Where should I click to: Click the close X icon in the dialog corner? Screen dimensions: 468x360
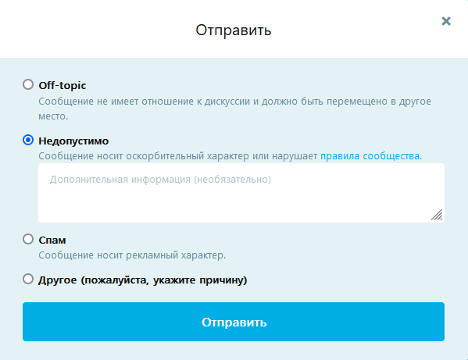tap(446, 21)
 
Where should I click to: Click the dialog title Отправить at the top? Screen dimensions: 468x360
tap(234, 30)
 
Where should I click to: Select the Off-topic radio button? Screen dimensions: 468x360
tap(28, 84)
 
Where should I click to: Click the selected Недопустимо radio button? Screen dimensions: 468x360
tap(28, 140)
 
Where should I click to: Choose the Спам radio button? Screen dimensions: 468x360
tap(28, 239)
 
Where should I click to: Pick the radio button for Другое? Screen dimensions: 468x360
tap(28, 279)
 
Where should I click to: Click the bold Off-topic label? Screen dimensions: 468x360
tap(62, 86)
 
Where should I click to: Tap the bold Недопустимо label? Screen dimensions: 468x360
tap(73, 141)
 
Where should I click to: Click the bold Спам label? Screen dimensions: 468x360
tap(52, 240)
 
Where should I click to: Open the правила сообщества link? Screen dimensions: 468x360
tap(370, 156)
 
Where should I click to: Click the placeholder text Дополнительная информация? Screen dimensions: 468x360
tap(120, 180)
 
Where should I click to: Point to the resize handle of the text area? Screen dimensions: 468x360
tap(437, 215)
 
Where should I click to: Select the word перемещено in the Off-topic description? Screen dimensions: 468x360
tap(357, 102)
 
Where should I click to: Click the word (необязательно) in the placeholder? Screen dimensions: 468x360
tap(233, 180)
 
